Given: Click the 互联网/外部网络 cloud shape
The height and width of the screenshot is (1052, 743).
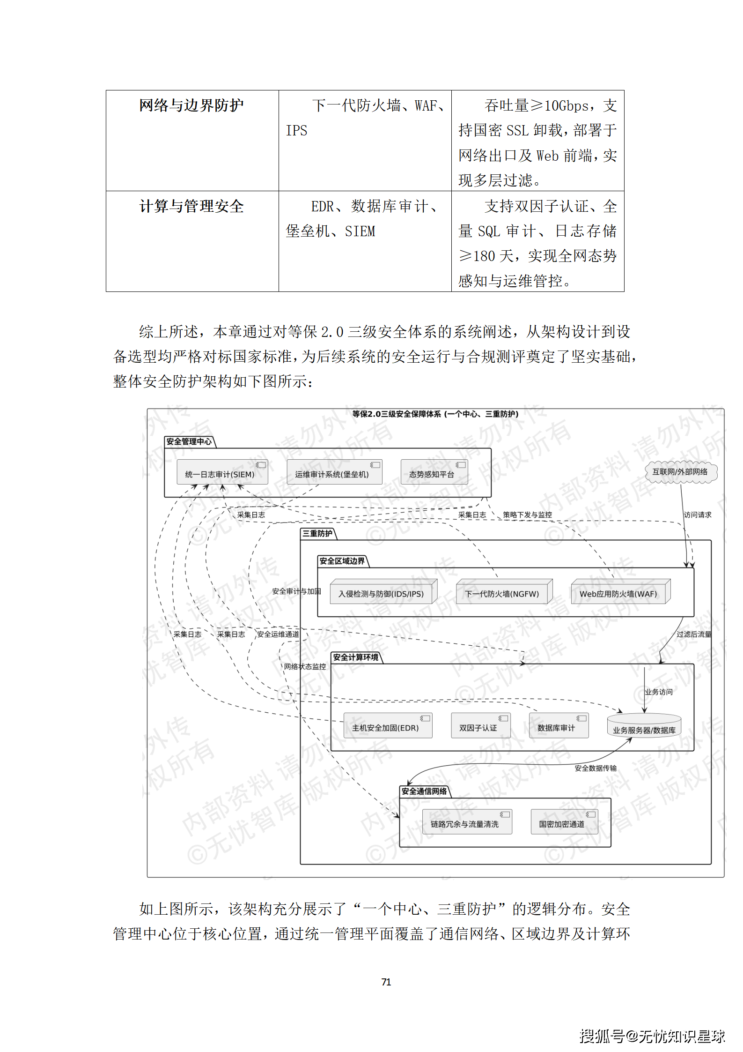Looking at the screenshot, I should point(680,471).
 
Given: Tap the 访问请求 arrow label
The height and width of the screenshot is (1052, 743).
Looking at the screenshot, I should point(697,515).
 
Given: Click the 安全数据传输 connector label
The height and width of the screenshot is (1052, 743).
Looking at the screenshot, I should point(596,768).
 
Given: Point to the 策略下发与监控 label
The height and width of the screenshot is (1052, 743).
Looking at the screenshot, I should point(527,515).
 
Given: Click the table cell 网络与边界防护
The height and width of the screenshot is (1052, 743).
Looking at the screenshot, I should point(191,105).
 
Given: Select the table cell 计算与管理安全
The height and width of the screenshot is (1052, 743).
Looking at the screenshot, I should point(191,206).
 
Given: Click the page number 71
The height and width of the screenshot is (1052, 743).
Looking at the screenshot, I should point(386,982).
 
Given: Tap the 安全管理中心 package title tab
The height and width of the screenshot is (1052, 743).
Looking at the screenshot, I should point(189,441).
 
